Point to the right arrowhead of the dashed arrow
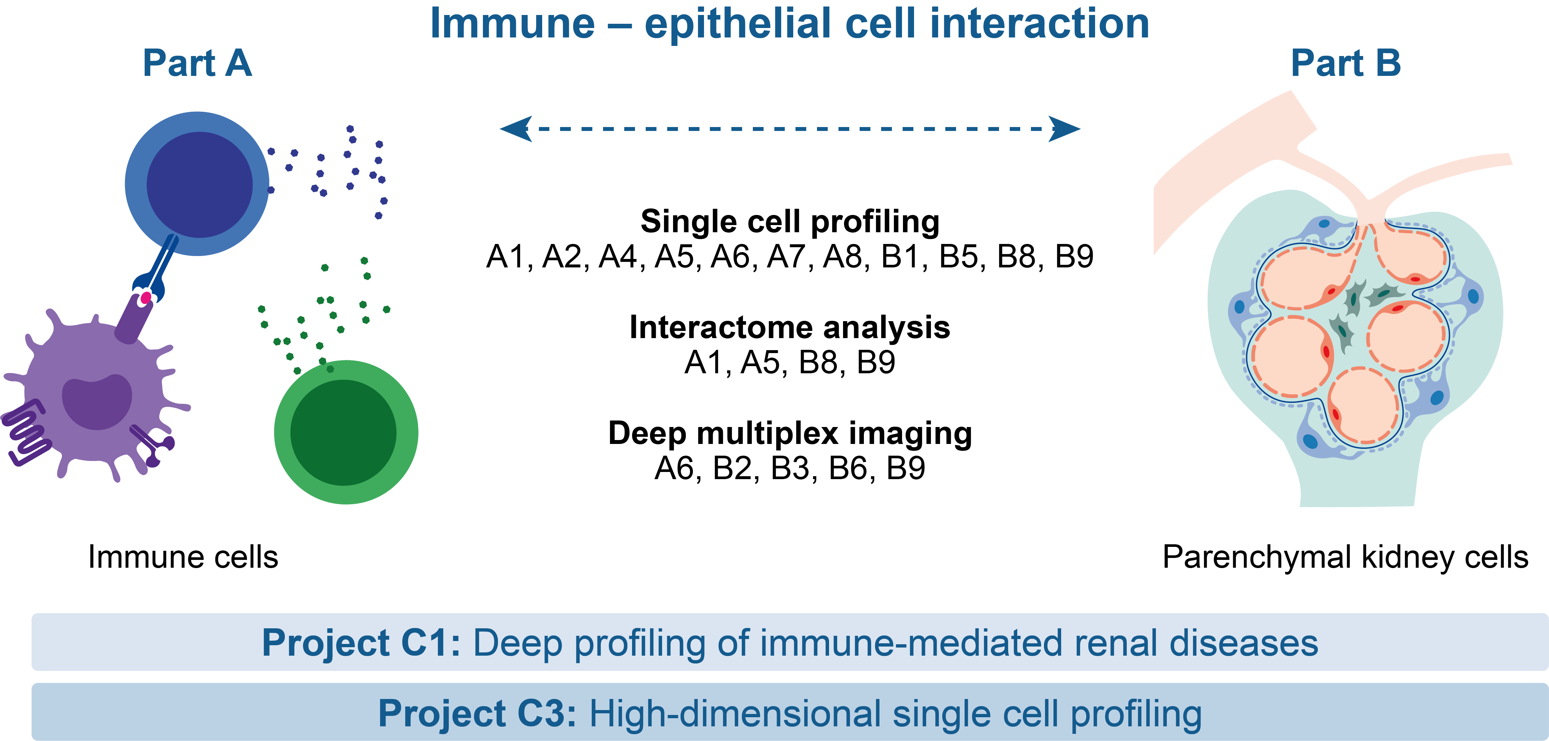(1064, 129)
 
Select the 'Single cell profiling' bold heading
(790, 221)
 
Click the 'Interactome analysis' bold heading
(790, 328)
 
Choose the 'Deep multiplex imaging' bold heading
(790, 434)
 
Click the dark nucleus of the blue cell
(200, 185)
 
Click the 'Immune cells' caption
(183, 557)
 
